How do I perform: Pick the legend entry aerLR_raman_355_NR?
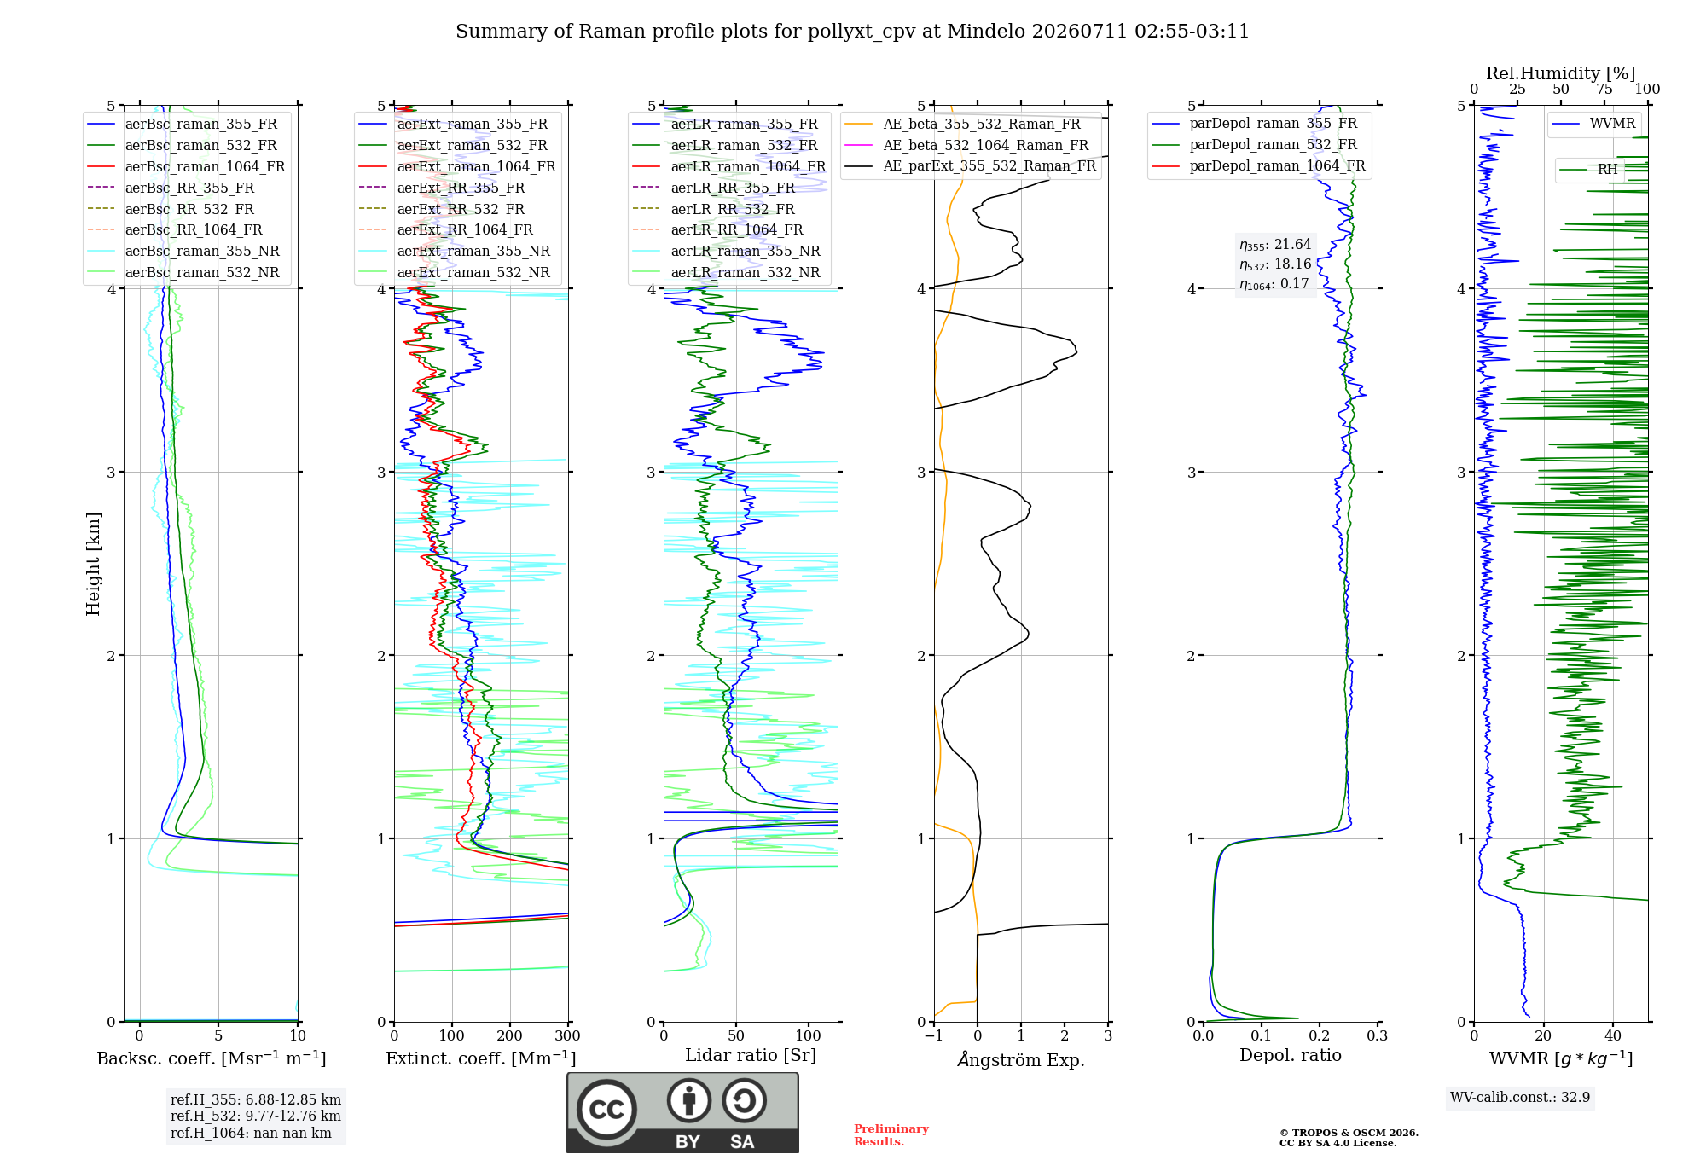726,251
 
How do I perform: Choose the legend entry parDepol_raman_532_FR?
1254,145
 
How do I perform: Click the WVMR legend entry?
1594,124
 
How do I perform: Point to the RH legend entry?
1588,170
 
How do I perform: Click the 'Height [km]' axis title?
93,564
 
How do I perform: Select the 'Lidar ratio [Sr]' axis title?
751,1055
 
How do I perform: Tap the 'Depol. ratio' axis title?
1291,1055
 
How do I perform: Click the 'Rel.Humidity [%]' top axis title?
1561,73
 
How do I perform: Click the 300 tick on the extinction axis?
568,1035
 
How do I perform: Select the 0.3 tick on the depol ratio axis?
1378,1035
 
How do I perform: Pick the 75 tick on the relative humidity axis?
1604,89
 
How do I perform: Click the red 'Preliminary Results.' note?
891,1135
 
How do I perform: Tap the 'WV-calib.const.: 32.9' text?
1520,1097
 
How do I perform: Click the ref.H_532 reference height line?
256,1116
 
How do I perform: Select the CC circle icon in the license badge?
606,1109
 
